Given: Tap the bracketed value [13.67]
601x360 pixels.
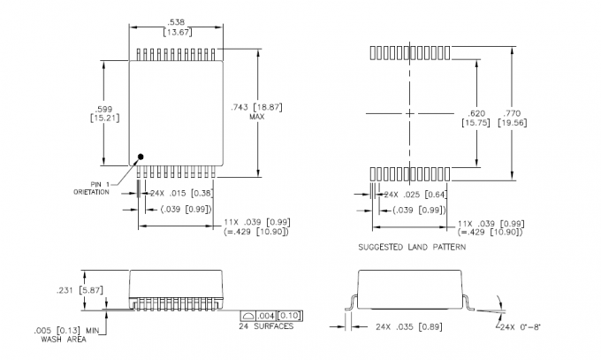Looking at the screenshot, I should point(176,32).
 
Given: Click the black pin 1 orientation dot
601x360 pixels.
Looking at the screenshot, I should point(139,160).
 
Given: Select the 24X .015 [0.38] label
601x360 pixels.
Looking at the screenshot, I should point(180,193).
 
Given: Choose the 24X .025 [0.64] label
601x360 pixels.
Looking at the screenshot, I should point(414,194).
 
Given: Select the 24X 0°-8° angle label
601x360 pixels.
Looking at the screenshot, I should point(521,327).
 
